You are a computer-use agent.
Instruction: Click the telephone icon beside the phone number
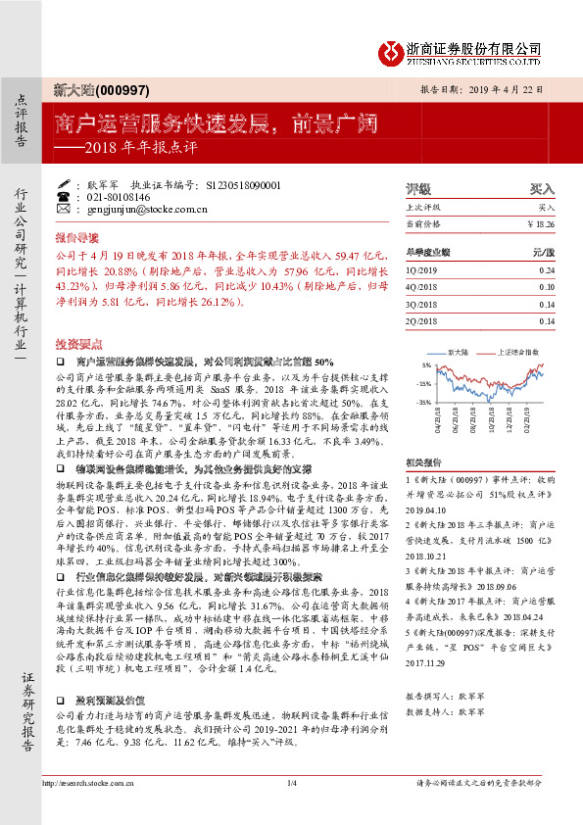click(x=65, y=196)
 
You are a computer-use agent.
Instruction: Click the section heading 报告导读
click(x=76, y=237)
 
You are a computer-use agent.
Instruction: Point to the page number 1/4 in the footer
click(x=291, y=809)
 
